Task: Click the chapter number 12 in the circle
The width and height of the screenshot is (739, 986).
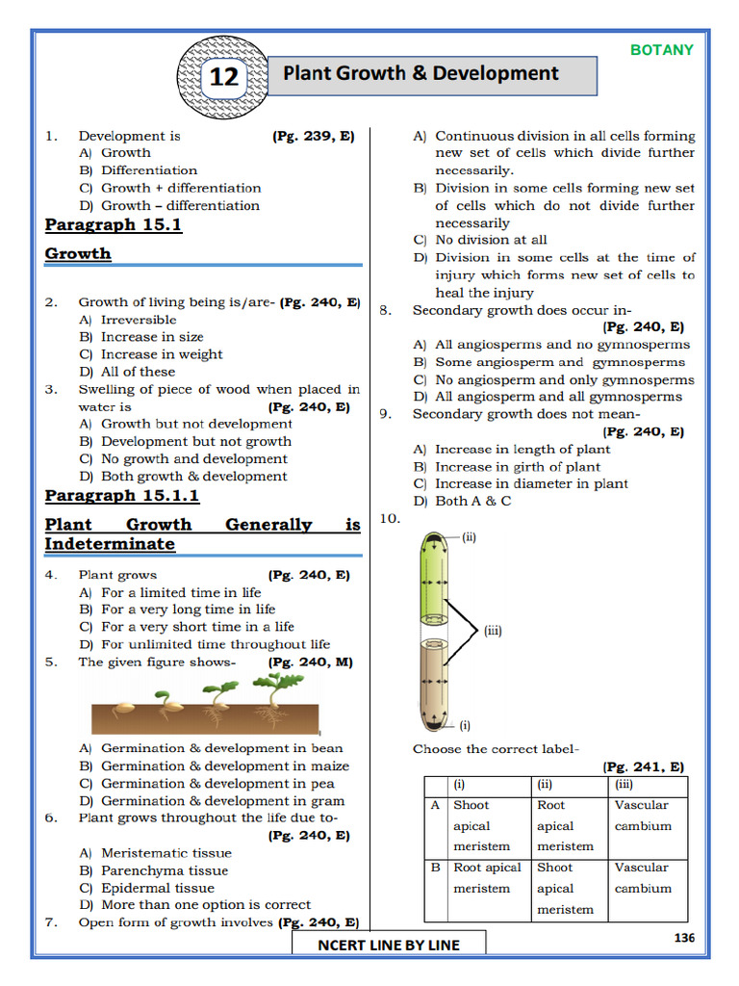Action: [x=223, y=77]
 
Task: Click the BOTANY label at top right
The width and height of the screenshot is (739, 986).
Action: [x=661, y=50]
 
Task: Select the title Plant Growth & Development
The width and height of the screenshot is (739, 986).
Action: [x=420, y=74]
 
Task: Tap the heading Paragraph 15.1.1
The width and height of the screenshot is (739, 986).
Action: [x=122, y=495]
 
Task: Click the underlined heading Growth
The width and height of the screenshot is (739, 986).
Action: [x=78, y=253]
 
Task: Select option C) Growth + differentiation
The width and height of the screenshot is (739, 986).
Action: [x=169, y=188]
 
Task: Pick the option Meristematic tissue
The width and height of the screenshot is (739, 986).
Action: [x=166, y=853]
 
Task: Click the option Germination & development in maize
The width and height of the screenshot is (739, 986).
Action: [x=224, y=765]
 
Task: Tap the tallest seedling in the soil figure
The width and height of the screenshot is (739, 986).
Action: [x=279, y=695]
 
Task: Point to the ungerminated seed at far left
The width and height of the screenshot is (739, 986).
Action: [x=123, y=711]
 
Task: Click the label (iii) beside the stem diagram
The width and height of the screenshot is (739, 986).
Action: [x=493, y=632]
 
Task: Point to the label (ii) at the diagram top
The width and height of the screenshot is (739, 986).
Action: [x=469, y=538]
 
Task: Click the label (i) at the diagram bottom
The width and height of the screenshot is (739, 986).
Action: [x=464, y=725]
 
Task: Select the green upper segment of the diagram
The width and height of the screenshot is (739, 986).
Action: [x=431, y=583]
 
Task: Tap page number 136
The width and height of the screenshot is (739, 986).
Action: [x=683, y=938]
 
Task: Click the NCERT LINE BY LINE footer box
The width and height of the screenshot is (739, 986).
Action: [x=389, y=945]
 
